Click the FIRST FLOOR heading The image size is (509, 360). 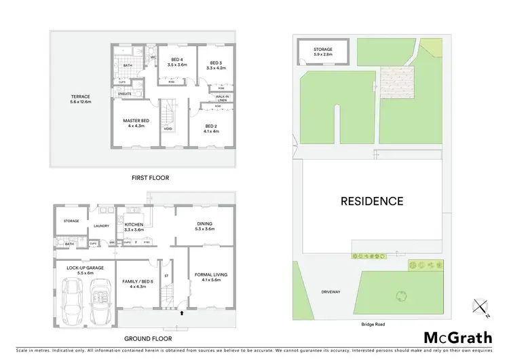pos(151,177)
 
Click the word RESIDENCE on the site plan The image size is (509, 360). pos(372,201)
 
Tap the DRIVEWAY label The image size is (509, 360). pos(331,291)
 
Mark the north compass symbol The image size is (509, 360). pos(483,308)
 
